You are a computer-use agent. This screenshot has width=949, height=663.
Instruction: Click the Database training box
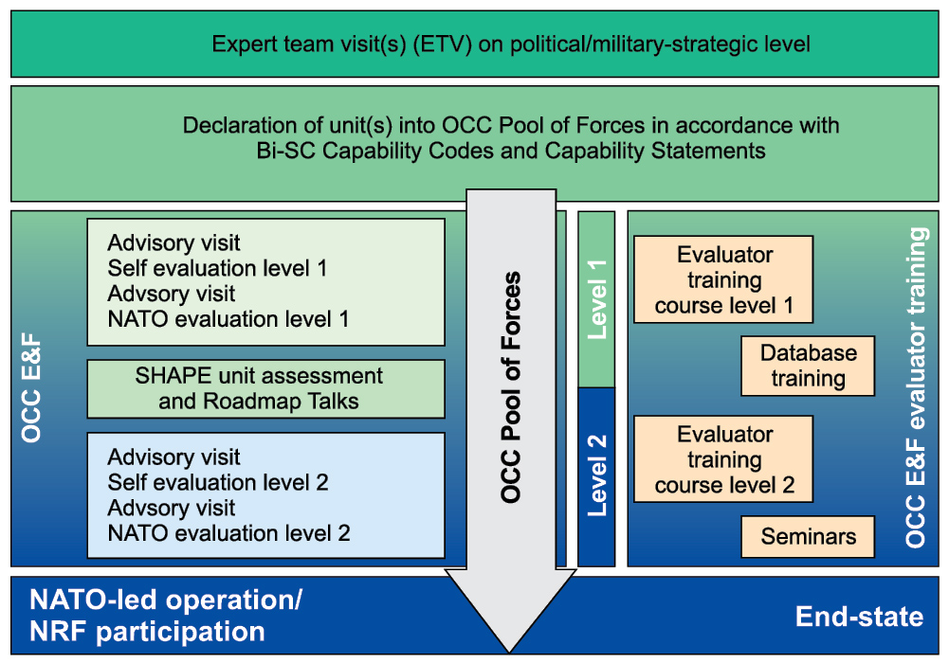808,366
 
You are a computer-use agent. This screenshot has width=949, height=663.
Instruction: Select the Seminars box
808,536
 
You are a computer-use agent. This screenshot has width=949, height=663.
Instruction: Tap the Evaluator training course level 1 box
723,279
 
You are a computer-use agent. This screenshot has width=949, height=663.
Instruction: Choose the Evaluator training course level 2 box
723,458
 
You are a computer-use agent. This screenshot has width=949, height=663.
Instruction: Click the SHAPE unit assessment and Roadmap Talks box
265,388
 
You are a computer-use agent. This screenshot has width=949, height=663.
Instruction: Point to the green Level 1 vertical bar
596,299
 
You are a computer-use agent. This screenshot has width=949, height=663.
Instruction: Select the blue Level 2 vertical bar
596,476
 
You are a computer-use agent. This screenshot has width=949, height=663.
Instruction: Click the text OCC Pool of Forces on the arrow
510,386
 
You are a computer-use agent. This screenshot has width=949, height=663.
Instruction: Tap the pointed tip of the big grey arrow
510,653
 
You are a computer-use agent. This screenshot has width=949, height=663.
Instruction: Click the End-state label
859,617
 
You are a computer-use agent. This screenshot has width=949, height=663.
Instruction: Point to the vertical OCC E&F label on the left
31,388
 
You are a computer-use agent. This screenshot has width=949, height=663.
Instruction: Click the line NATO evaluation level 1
228,318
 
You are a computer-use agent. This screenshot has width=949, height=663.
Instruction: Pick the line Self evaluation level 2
218,482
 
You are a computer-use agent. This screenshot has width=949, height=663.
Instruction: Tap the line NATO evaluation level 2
228,533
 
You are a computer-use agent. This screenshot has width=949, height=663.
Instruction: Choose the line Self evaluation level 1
217,268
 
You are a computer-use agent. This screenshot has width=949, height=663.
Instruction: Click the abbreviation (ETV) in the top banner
443,45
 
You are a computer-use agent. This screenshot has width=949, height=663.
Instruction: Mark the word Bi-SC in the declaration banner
285,151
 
